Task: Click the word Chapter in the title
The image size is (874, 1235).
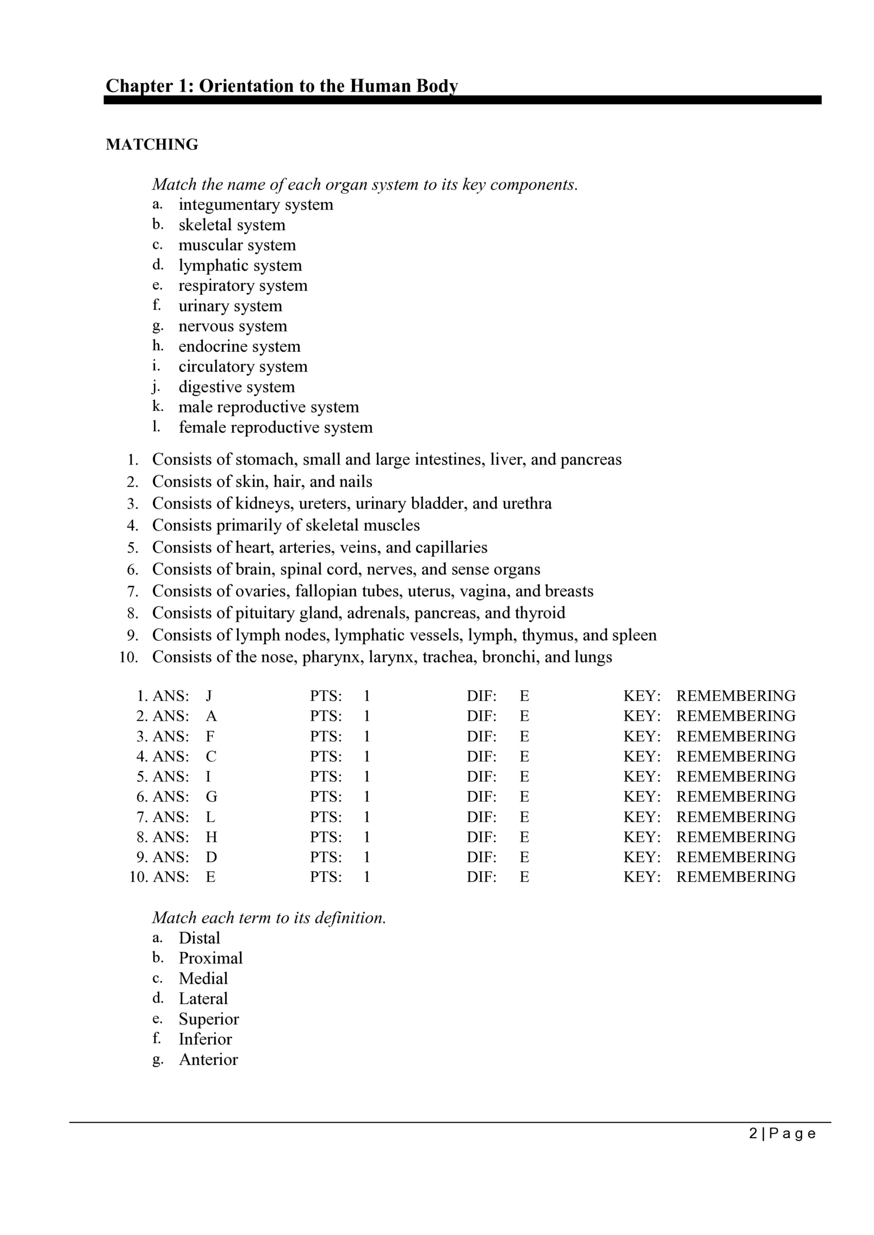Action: (139, 86)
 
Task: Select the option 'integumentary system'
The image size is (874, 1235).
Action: (256, 205)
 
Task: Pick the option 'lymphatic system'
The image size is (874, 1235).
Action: (240, 265)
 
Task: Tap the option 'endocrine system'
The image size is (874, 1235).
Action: (239, 346)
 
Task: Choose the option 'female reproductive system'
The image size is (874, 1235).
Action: (276, 427)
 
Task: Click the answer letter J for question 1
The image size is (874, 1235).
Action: (209, 696)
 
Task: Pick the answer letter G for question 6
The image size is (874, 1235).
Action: (211, 796)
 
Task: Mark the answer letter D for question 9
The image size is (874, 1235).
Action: (211, 857)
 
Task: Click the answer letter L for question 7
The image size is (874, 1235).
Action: (210, 817)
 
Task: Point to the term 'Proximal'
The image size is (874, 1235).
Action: (210, 958)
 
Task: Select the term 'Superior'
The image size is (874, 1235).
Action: (209, 1019)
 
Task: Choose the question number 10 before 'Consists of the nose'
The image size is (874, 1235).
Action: (129, 658)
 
